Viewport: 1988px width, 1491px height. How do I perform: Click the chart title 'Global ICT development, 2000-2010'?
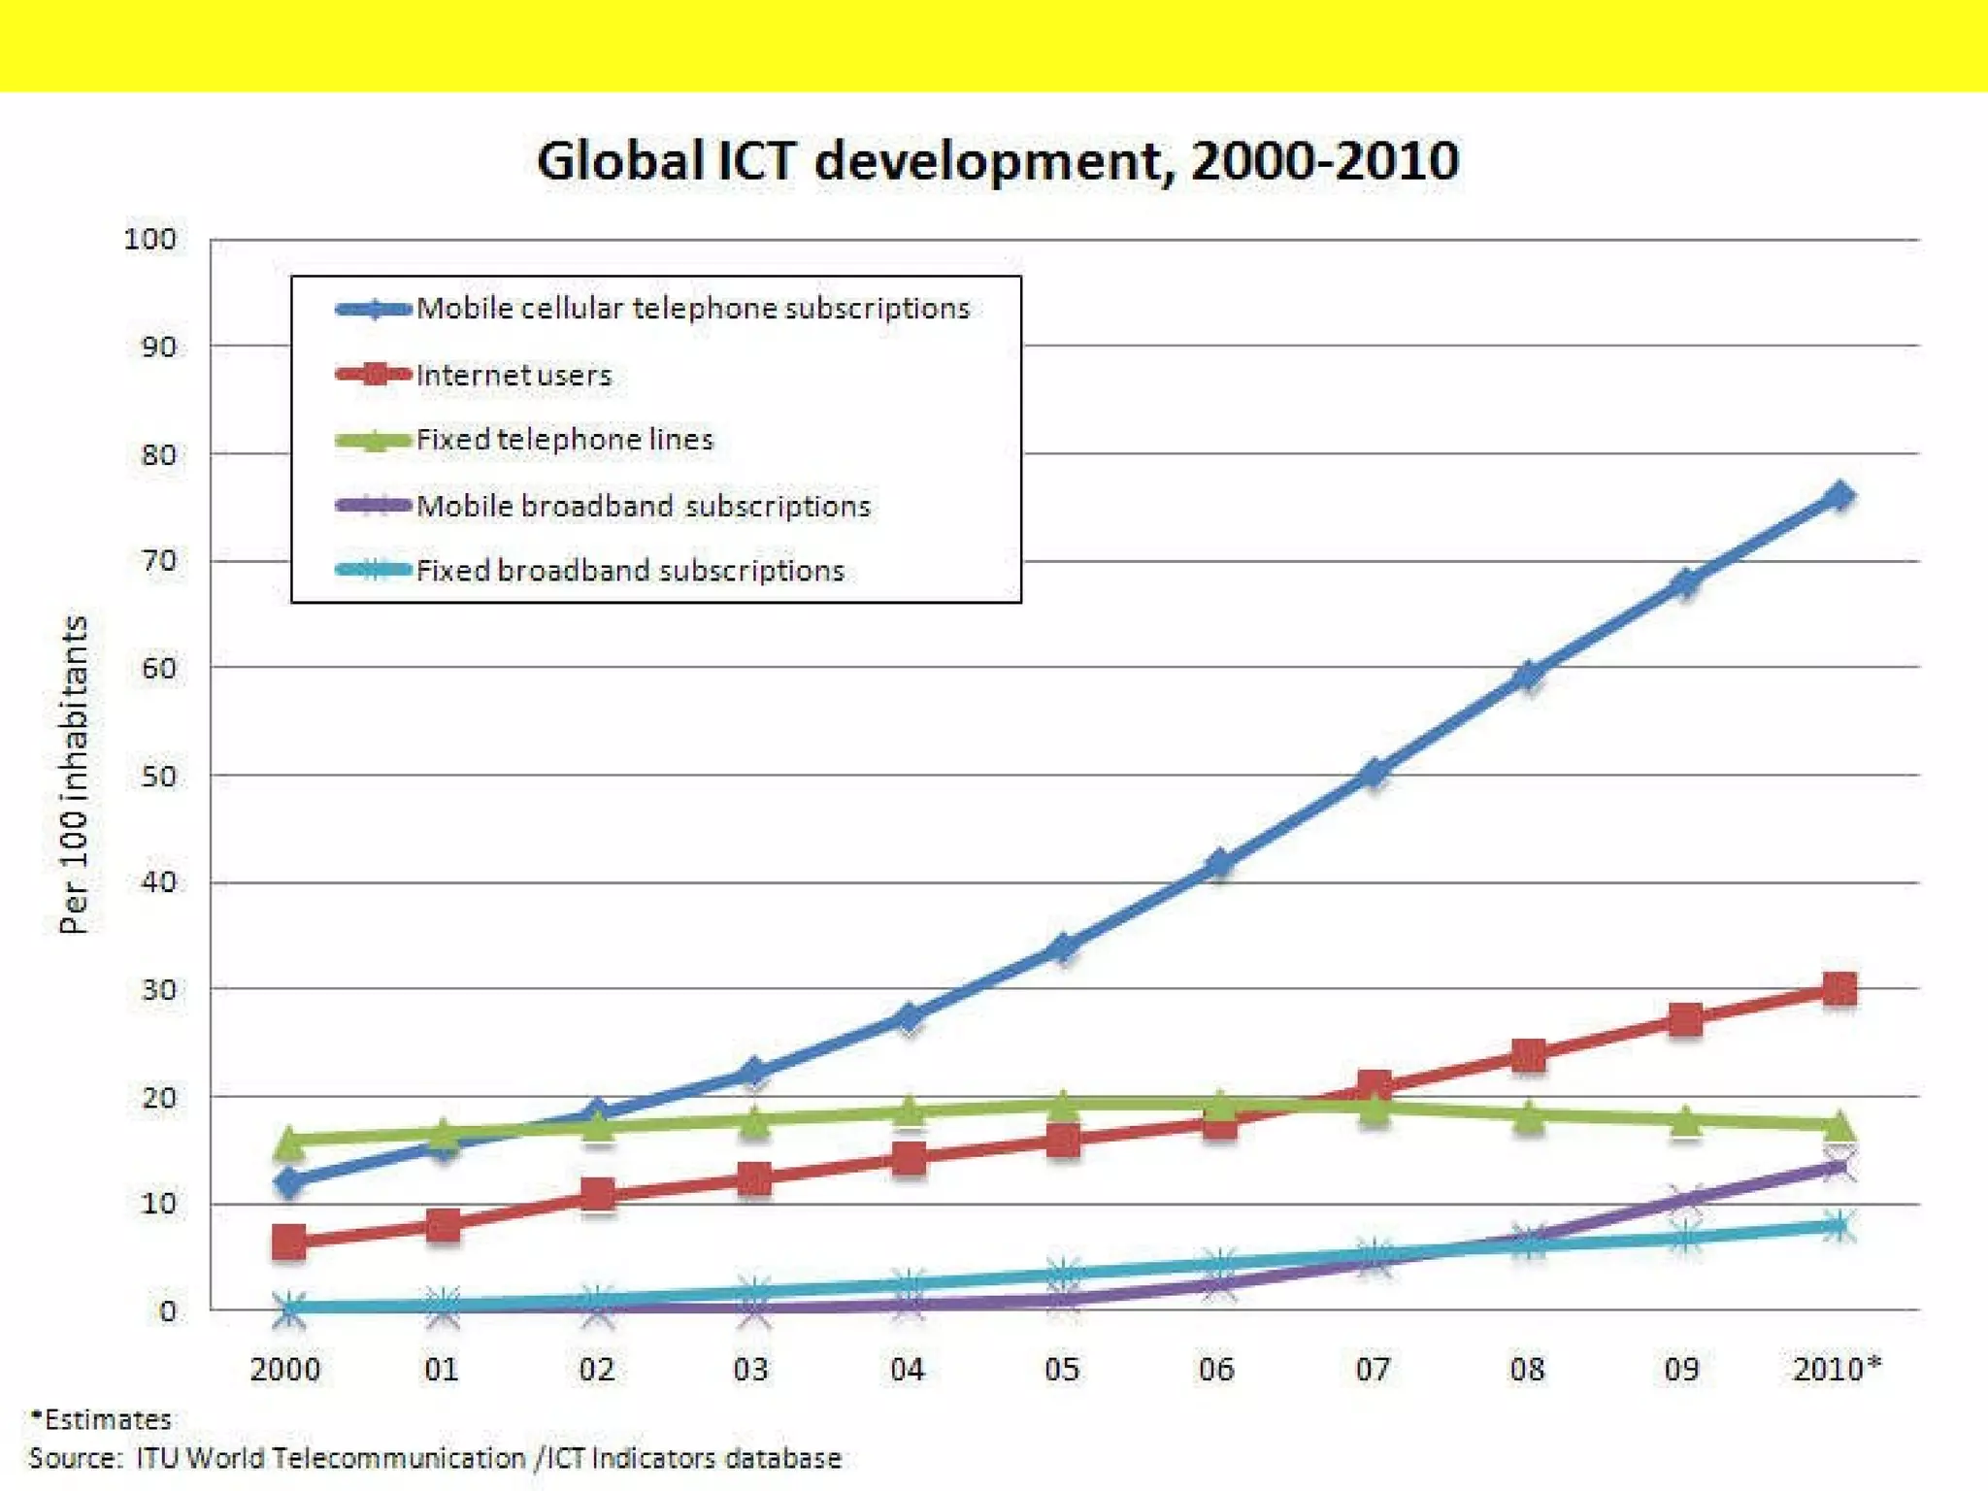coord(997,160)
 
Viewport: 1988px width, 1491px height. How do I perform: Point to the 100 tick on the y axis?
coord(149,239)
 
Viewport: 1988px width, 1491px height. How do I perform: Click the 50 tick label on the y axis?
coord(158,777)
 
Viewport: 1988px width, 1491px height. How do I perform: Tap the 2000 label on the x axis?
coord(284,1370)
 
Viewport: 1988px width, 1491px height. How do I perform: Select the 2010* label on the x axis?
coord(1835,1370)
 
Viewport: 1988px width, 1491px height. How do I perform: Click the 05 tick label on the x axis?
coord(1062,1370)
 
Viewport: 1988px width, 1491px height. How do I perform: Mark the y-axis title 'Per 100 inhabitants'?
coord(74,774)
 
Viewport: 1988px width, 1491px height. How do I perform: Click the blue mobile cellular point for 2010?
coord(1839,497)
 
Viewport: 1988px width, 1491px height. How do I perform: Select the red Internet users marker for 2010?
coord(1839,989)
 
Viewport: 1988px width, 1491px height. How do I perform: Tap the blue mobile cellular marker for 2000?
coord(288,1182)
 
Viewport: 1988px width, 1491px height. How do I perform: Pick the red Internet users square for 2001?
coord(443,1225)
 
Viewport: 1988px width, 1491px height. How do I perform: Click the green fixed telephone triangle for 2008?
coord(1529,1116)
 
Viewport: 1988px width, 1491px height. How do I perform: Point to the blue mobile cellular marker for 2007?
coord(1374,773)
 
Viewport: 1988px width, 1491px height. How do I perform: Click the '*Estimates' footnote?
coord(101,1420)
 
